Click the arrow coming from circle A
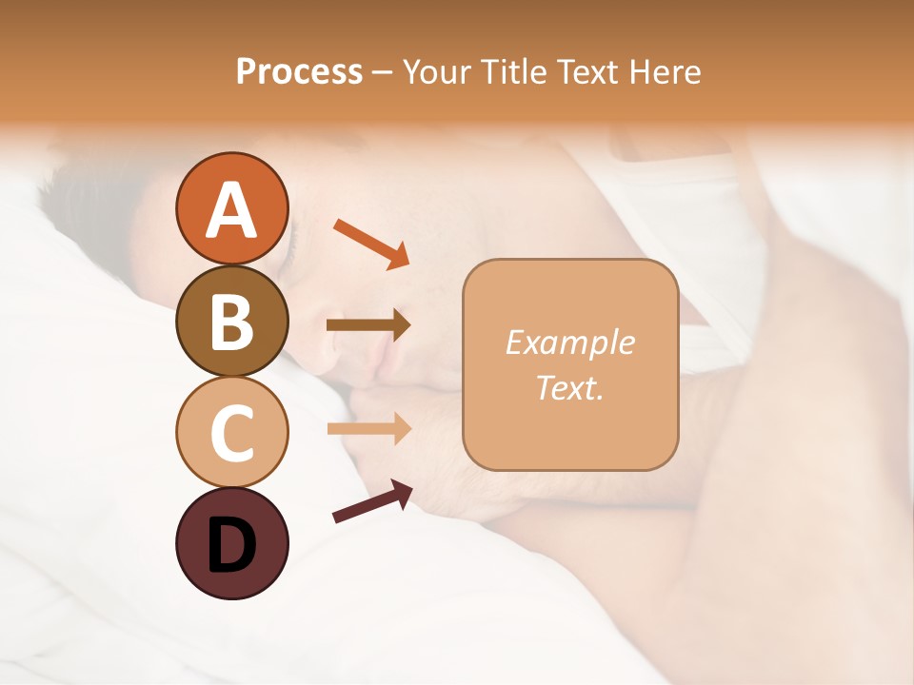371,243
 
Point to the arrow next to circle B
368,325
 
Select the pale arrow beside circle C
368,429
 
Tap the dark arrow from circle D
372,501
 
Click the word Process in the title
299,71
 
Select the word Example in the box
569,342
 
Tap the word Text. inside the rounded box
569,387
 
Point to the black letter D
231,546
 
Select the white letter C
231,433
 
